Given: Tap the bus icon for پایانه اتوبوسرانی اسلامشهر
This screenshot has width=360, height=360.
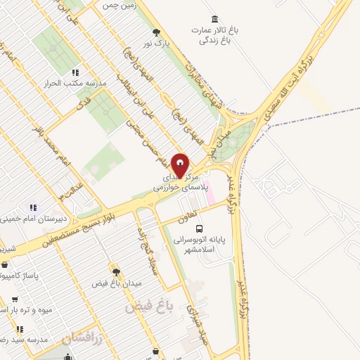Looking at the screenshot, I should (200, 229).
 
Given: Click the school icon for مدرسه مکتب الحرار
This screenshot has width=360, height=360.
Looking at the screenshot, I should (76, 72).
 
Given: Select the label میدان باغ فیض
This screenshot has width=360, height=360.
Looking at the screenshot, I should (117, 283).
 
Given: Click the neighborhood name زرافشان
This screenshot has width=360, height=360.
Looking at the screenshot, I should (82, 339).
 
